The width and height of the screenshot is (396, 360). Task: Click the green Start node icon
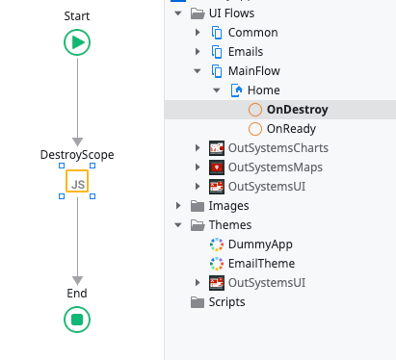coord(77,41)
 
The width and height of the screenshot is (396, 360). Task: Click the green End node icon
coord(77,319)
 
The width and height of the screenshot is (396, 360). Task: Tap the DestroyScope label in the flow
coord(77,154)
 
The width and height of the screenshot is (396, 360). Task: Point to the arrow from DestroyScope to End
coord(77,241)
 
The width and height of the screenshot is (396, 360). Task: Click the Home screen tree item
coord(263,90)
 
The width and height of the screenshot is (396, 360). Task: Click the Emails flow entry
coord(246,52)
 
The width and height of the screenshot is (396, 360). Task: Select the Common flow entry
coord(252,33)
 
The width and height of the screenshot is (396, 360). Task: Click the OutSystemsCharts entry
coord(277,148)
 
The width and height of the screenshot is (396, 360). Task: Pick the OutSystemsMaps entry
coord(275,167)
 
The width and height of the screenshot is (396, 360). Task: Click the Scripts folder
coord(226,302)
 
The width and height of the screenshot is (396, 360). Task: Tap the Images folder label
coord(228,206)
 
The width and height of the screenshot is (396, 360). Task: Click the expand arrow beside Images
coord(177,206)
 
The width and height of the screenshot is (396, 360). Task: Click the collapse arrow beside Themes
coord(177,225)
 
